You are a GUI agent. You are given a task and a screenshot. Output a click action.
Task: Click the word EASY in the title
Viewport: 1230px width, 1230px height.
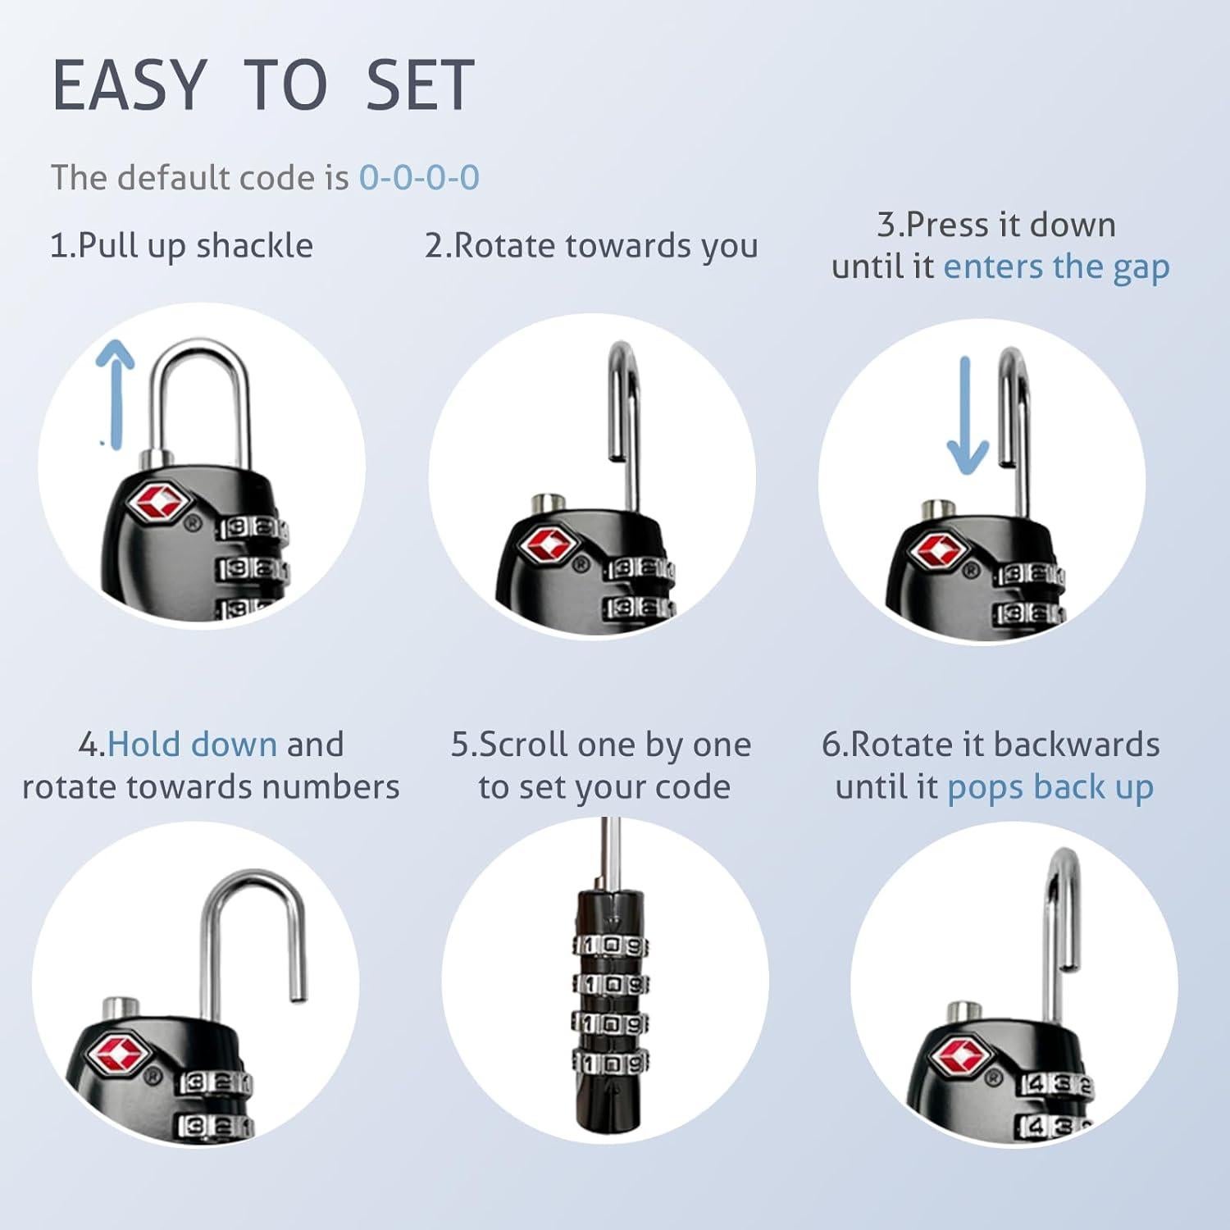pos(128,85)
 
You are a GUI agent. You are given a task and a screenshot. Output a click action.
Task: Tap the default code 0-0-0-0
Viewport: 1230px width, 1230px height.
pos(419,178)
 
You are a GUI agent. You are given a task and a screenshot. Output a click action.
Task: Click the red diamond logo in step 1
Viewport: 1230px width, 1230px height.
pos(157,501)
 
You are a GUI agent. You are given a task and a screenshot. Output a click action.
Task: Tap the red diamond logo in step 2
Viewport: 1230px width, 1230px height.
pos(548,545)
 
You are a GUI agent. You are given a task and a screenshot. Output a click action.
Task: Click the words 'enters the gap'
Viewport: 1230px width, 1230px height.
pos(1056,267)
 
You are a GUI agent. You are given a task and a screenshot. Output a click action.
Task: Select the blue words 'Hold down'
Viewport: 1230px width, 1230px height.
pos(192,745)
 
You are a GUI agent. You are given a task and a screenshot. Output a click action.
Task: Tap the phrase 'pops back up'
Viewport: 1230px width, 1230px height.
pos(1050,787)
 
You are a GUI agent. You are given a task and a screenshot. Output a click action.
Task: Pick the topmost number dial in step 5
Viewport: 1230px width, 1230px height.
pos(611,946)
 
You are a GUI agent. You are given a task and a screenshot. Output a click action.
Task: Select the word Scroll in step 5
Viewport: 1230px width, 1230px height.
pos(522,745)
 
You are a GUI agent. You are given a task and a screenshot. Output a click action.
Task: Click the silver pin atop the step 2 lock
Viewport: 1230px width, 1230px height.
pos(544,502)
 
